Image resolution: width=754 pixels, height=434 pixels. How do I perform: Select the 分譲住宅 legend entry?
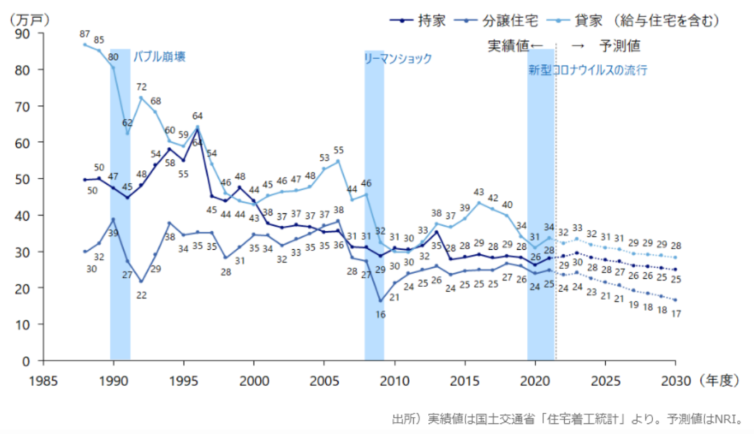pos(509,21)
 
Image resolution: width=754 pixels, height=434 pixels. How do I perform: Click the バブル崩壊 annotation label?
pos(159,57)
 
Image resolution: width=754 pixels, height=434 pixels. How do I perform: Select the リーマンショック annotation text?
pos(398,58)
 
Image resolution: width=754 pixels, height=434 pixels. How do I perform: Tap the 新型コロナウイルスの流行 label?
pos(588,71)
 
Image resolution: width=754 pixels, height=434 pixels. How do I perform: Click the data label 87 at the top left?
pos(85,34)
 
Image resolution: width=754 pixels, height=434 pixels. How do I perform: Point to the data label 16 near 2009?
pos(380,314)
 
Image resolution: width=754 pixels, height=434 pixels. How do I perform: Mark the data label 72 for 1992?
pos(142,87)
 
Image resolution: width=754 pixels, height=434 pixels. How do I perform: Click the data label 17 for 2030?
pos(676,314)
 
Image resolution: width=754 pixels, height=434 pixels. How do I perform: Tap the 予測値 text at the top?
pos(620,45)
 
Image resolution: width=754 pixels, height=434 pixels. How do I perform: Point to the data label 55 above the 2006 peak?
pos(339,150)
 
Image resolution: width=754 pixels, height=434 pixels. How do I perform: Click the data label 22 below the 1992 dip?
pos(142,295)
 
